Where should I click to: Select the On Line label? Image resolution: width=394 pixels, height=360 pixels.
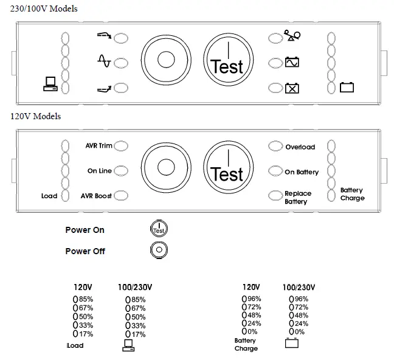point(100,171)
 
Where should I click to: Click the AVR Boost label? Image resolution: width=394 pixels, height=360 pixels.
point(97,196)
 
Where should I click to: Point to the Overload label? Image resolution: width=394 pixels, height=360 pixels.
point(300,147)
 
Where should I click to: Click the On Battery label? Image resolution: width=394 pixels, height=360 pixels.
point(302,172)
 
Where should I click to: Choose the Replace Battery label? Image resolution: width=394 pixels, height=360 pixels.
point(298,197)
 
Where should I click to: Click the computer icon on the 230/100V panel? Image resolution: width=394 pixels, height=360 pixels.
point(50,85)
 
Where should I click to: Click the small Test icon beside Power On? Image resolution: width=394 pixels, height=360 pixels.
point(159,229)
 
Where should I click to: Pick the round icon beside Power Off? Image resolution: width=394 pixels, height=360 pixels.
point(159,250)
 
